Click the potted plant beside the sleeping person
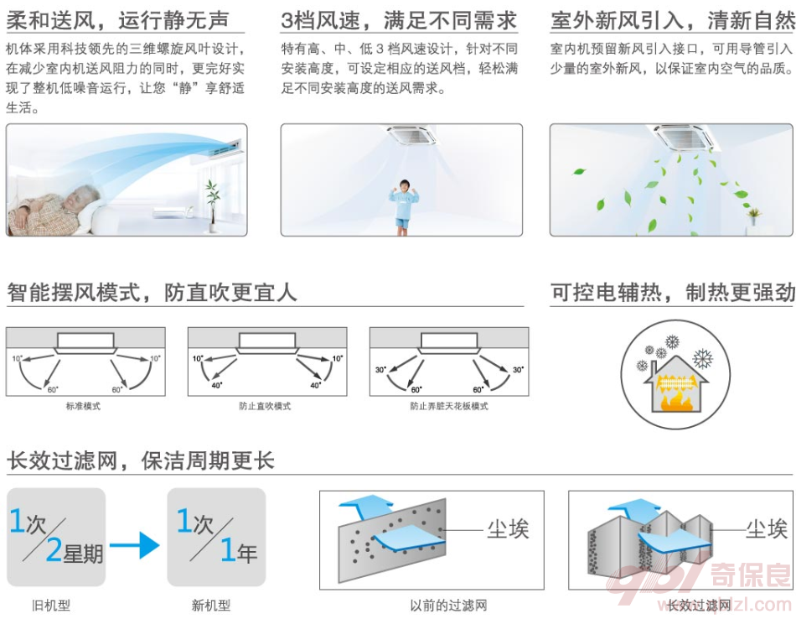(x=211, y=203)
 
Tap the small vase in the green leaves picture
(x=754, y=216)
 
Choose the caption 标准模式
(x=84, y=406)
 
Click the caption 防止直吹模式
(x=265, y=406)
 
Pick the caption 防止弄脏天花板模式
(x=448, y=406)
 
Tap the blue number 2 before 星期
(x=54, y=549)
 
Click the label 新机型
(x=210, y=605)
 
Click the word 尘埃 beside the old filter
(x=508, y=529)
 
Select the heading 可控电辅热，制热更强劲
(x=672, y=293)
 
